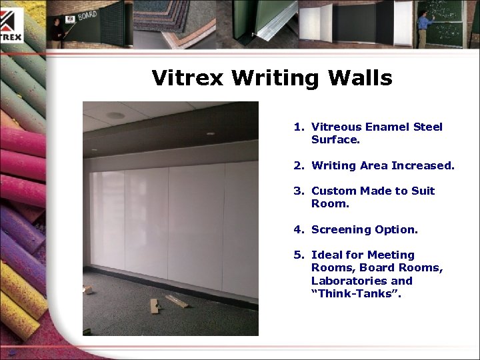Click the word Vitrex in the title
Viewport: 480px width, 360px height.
(x=189, y=78)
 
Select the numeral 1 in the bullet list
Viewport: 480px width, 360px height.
(x=297, y=127)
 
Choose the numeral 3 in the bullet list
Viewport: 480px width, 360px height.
(x=297, y=191)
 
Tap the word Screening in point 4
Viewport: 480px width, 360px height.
(x=341, y=229)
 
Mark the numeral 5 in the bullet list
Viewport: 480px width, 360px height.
(x=297, y=255)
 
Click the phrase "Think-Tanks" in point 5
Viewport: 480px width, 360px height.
(x=355, y=293)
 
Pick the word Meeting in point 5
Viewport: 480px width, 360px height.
(x=391, y=255)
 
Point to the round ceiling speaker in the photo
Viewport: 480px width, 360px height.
(x=115, y=115)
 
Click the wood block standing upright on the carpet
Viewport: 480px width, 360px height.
(x=155, y=306)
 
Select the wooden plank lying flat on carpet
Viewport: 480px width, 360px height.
(x=177, y=301)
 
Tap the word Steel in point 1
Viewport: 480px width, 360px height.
(x=428, y=127)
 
